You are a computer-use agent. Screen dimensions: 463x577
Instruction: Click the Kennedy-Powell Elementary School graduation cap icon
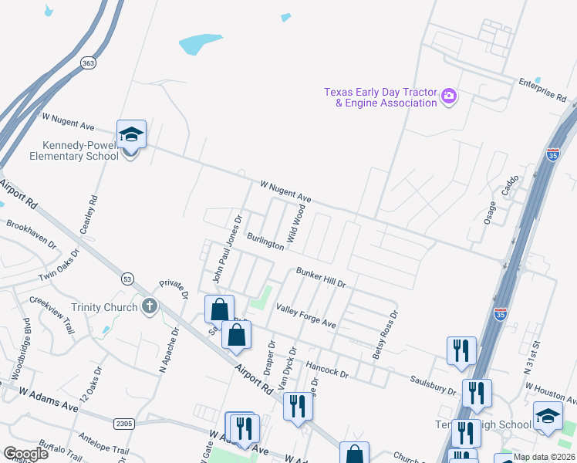pos(131,135)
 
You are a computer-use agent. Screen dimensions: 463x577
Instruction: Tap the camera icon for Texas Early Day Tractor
pos(449,96)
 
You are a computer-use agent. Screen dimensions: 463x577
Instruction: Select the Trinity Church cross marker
pos(150,307)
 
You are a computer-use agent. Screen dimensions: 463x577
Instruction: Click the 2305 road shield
pos(123,423)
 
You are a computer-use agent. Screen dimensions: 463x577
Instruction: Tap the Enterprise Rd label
pos(542,90)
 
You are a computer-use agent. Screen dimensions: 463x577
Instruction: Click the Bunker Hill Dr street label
pos(322,277)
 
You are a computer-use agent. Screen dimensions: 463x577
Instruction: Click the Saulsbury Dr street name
pos(434,384)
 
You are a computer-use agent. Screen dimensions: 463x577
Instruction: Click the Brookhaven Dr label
pos(31,233)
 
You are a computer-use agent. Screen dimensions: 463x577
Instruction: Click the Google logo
pos(26,454)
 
